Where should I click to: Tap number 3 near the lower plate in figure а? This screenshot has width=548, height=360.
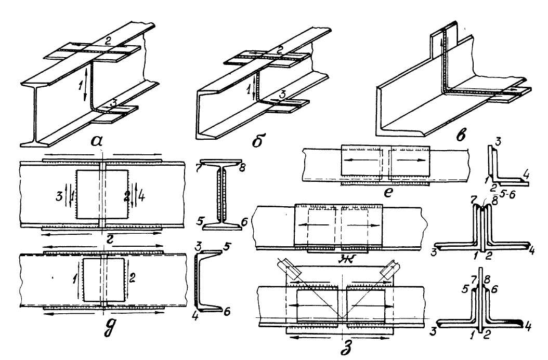tap(108, 102)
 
